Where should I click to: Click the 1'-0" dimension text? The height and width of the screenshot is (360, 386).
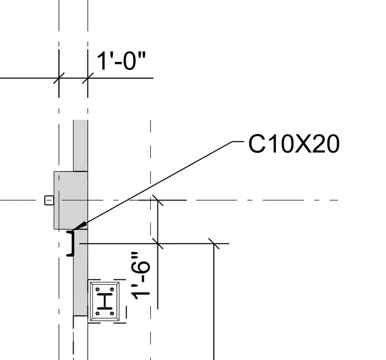click(121, 61)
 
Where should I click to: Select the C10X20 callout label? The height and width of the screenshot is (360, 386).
click(294, 144)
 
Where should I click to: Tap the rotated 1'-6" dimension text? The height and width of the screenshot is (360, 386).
click(141, 276)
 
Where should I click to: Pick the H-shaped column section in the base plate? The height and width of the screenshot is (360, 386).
click(105, 301)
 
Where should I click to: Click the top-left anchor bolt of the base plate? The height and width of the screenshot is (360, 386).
click(98, 289)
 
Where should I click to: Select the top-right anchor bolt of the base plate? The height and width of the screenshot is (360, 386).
click(112, 289)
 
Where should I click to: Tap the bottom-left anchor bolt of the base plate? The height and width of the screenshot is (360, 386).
click(98, 313)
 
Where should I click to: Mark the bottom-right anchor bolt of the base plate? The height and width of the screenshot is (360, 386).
click(112, 313)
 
